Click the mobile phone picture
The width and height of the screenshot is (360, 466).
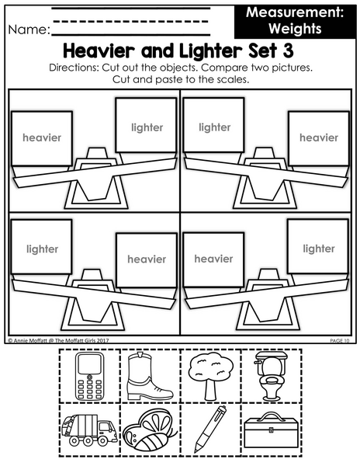coord(90,376)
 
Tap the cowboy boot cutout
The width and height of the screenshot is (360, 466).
coord(149,376)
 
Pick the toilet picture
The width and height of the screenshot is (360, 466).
coord(270,376)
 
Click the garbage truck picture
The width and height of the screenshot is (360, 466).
coord(89,429)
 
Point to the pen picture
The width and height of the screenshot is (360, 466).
coord(210,429)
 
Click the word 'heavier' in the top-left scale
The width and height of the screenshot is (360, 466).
coord(42,137)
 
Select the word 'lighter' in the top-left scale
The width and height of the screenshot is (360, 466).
coord(147,128)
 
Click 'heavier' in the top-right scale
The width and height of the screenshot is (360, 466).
coord(319,137)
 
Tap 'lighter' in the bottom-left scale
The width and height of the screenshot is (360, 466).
coord(43,249)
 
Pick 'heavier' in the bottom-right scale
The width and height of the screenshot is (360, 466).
coord(213,259)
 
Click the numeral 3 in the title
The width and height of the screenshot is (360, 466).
coord(288,50)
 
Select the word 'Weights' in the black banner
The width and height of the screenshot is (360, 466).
coord(296,29)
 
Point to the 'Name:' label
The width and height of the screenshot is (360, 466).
coord(29,30)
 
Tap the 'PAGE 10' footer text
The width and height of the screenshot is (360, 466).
coord(340,341)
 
